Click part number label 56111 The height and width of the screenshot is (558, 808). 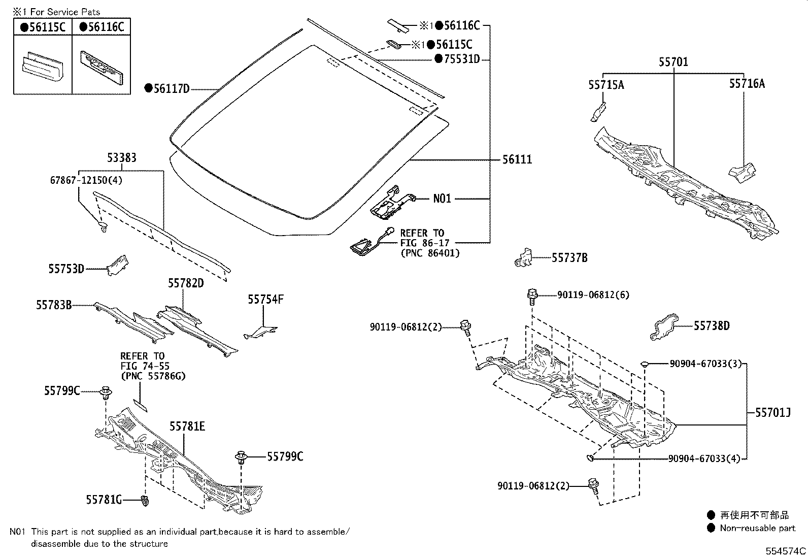(x=517, y=159)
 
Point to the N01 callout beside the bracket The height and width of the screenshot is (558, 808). (x=442, y=199)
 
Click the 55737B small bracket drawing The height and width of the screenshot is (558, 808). (x=524, y=257)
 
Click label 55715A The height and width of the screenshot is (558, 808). (x=606, y=85)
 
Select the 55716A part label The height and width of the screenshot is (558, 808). (x=747, y=84)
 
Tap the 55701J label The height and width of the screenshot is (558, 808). (x=773, y=413)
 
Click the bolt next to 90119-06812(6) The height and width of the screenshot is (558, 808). (x=532, y=295)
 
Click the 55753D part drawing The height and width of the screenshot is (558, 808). (x=117, y=265)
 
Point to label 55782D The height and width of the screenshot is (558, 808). (x=186, y=283)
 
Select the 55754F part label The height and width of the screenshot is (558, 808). (x=265, y=299)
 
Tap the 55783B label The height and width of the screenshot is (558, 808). (x=54, y=305)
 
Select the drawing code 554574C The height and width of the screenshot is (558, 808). (x=786, y=551)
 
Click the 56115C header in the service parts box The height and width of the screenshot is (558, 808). (x=43, y=27)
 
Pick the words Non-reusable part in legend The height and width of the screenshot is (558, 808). (x=757, y=528)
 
